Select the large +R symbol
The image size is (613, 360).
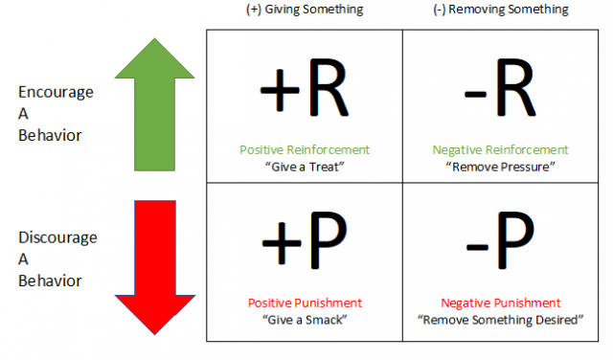click(x=304, y=91)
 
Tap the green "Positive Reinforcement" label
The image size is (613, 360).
click(x=305, y=150)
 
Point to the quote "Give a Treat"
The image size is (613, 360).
click(x=304, y=165)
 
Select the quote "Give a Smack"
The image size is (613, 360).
click(x=305, y=318)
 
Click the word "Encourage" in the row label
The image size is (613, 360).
click(x=57, y=93)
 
